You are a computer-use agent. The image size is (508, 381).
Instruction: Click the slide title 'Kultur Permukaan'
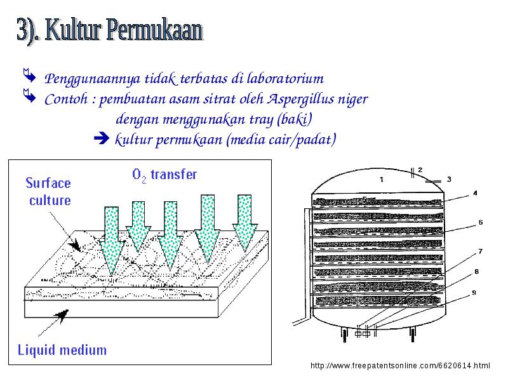click(124, 30)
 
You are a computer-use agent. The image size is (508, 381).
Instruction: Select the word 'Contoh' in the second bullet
click(67, 99)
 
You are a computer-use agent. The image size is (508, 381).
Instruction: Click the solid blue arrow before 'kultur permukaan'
click(102, 138)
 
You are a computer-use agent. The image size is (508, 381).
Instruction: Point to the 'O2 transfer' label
click(164, 175)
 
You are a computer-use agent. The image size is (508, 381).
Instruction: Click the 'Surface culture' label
click(48, 192)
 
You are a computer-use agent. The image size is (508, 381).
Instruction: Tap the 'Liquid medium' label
click(62, 351)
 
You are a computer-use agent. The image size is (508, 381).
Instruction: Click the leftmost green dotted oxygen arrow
click(112, 241)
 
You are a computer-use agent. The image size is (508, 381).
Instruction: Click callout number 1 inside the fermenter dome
click(382, 179)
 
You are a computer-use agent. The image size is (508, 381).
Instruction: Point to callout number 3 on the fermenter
click(449, 179)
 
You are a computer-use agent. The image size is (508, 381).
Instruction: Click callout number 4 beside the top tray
click(475, 193)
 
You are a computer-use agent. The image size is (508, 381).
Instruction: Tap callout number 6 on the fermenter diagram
click(481, 222)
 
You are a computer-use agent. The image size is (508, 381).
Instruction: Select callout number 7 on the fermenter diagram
click(481, 251)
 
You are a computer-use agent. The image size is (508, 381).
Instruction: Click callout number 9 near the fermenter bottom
click(474, 293)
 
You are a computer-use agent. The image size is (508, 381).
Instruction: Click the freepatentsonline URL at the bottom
click(400, 366)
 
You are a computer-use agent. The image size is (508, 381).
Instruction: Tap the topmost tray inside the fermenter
click(377, 201)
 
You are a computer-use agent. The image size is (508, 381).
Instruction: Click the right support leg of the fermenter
click(412, 335)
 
